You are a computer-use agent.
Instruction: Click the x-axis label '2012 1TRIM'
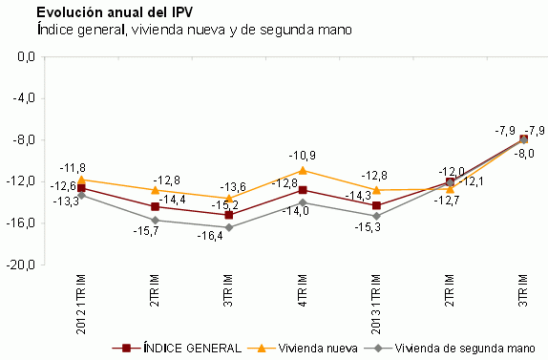coord(81,304)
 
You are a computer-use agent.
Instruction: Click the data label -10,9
coord(303,155)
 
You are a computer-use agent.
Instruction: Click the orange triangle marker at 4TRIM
coord(303,170)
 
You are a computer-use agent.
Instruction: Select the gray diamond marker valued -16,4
coord(229,227)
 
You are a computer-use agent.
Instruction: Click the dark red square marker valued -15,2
coord(229,215)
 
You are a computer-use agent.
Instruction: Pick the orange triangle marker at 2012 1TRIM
coord(81,180)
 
